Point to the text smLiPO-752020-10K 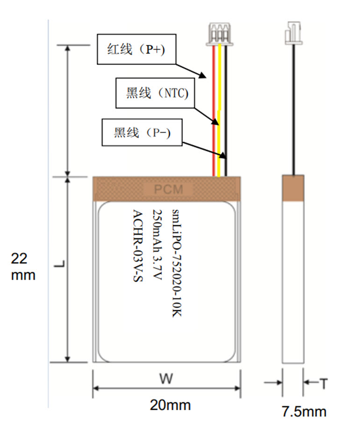click(176, 264)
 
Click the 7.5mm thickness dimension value click(303, 412)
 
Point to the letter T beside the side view click(323, 384)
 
